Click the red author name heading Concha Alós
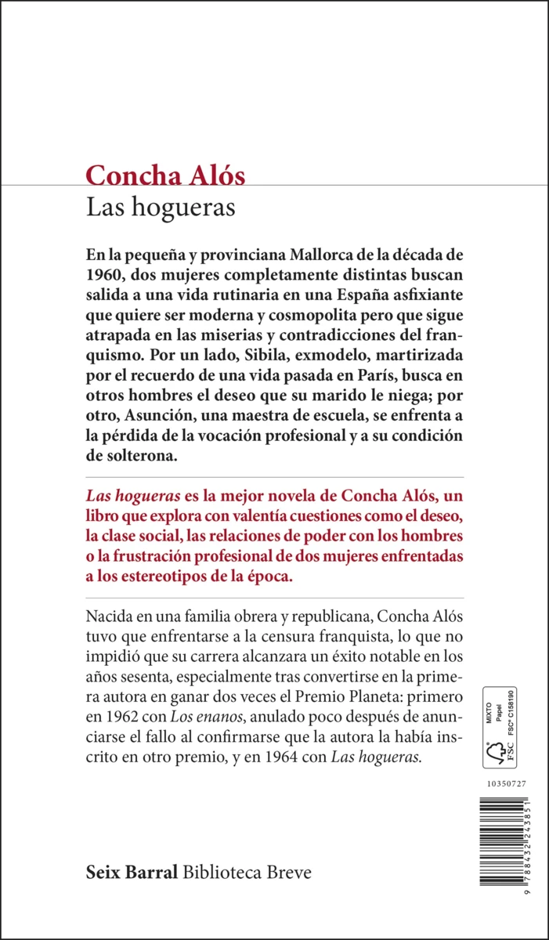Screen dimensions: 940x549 click(x=165, y=175)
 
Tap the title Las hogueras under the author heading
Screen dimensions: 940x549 click(x=161, y=208)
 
